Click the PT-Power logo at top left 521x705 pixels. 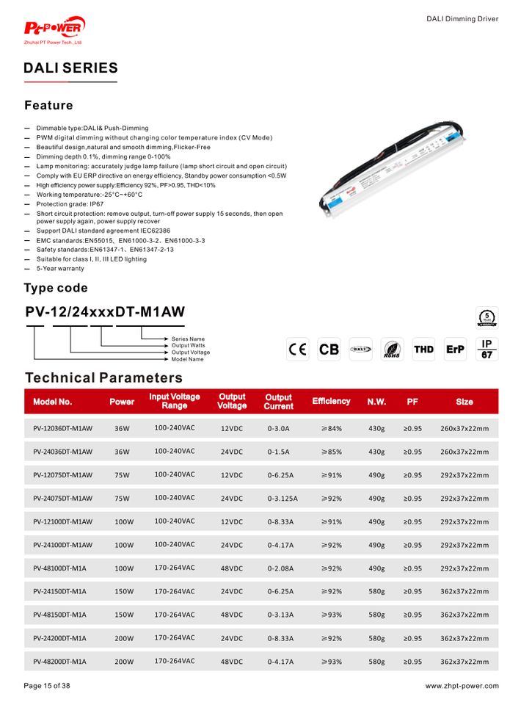coord(55,30)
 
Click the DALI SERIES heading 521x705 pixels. coord(70,68)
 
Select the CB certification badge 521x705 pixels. coord(329,350)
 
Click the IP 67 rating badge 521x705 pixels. coord(486,350)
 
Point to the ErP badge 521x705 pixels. coord(455,350)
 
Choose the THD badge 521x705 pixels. coord(423,350)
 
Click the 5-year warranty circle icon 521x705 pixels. coord(487,317)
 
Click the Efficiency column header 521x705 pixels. coord(331,402)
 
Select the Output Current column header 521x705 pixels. coord(278,402)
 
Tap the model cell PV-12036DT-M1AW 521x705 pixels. coord(62,428)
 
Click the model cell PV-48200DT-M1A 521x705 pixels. coord(59,662)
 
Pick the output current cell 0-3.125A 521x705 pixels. coord(283,499)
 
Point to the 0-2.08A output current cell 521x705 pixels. coord(280,568)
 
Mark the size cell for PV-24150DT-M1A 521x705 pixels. coord(464,591)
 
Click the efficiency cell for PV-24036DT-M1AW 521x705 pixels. coord(331,452)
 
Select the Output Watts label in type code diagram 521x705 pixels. coord(188,346)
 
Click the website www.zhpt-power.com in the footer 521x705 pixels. coord(462,686)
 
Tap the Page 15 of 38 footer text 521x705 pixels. coord(47,686)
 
